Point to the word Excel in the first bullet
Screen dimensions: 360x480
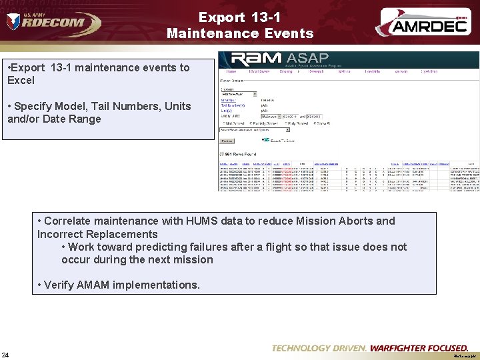tap(21, 81)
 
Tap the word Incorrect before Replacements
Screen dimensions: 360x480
tap(62, 234)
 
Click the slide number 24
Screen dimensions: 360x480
tap(6, 354)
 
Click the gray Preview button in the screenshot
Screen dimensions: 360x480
tap(227, 141)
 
